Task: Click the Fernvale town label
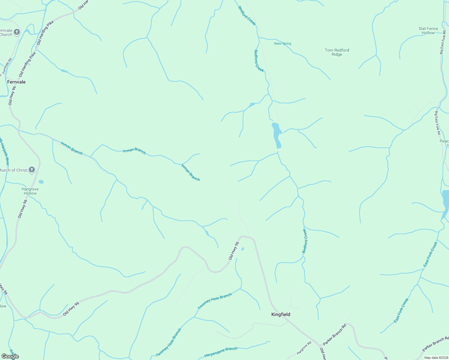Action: click(x=16, y=82)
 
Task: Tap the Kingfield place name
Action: click(x=281, y=314)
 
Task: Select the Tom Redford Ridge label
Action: click(x=337, y=52)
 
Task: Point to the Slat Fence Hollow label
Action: click(x=428, y=31)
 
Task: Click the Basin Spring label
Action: click(x=282, y=43)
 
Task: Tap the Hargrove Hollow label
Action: click(x=30, y=191)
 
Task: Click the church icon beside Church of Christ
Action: click(x=32, y=170)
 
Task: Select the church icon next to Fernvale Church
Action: click(x=17, y=32)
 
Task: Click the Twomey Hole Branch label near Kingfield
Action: click(x=215, y=301)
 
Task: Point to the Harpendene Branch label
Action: click(x=221, y=352)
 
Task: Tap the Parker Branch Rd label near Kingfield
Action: click(x=334, y=334)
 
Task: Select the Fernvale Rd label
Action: click(x=7, y=66)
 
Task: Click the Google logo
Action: click(x=10, y=356)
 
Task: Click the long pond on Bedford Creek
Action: click(x=277, y=135)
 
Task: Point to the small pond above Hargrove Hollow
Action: click(x=41, y=182)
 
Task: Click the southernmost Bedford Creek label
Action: click(x=305, y=241)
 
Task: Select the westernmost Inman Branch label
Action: click(x=71, y=148)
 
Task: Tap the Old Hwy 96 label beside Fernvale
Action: click(x=12, y=96)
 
